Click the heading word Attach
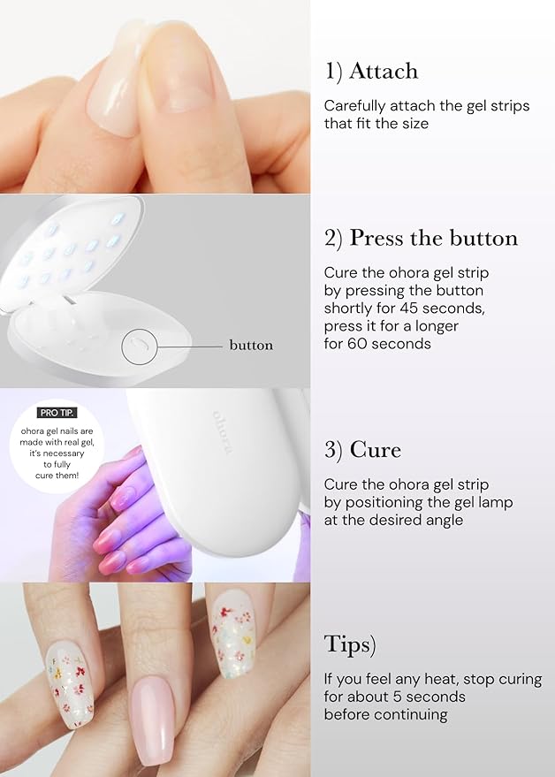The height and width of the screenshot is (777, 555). click(384, 71)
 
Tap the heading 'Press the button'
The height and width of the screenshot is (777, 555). click(434, 238)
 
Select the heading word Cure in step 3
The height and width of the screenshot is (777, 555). click(375, 449)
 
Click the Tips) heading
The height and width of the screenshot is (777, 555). click(350, 645)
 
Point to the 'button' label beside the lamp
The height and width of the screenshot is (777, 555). click(251, 345)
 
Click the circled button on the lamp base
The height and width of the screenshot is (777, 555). click(140, 346)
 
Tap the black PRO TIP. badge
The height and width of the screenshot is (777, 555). click(57, 413)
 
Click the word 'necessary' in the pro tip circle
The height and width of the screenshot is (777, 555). click(62, 453)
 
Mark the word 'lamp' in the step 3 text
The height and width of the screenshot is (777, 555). click(496, 503)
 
